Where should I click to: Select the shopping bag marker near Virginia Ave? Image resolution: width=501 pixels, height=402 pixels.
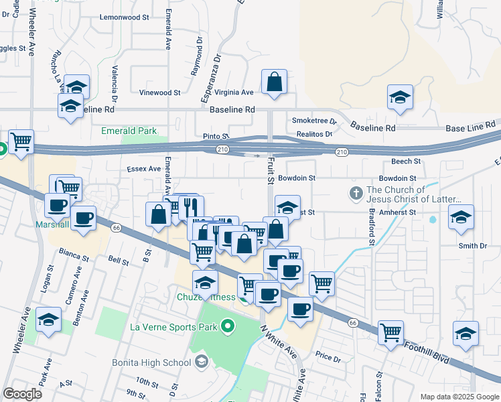275,82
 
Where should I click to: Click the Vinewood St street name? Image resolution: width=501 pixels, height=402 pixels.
159,93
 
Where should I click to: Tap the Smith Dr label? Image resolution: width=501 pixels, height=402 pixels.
472,246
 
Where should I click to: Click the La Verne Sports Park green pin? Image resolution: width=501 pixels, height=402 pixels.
228,327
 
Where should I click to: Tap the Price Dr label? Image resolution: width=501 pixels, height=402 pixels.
328,358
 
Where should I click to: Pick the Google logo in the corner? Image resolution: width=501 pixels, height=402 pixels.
22,394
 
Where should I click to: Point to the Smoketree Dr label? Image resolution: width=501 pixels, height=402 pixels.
313,121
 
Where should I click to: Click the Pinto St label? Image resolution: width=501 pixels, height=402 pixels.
216,136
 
